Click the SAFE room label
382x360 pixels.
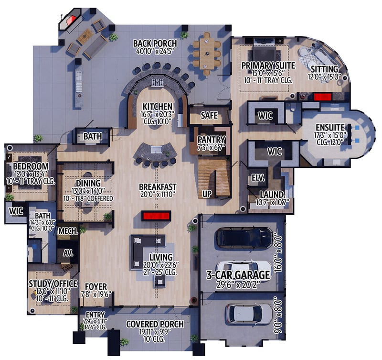(209, 115)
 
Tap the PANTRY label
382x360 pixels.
(211, 140)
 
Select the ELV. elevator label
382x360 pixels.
(258, 177)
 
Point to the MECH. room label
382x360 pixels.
(68, 231)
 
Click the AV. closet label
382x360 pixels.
(68, 253)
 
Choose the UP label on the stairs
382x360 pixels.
(207, 194)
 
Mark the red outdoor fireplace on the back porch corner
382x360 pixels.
(71, 20)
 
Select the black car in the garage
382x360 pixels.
(244, 238)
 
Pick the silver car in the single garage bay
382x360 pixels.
(248, 314)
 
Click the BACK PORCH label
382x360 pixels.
(155, 44)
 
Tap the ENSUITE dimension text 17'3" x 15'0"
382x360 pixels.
(330, 135)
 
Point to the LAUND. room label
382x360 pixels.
(272, 195)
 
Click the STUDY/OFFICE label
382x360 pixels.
(53, 284)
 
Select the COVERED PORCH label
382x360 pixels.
(155, 324)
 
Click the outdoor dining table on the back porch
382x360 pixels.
(207, 53)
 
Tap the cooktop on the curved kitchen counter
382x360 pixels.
(157, 82)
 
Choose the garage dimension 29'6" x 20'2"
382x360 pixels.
(238, 284)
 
